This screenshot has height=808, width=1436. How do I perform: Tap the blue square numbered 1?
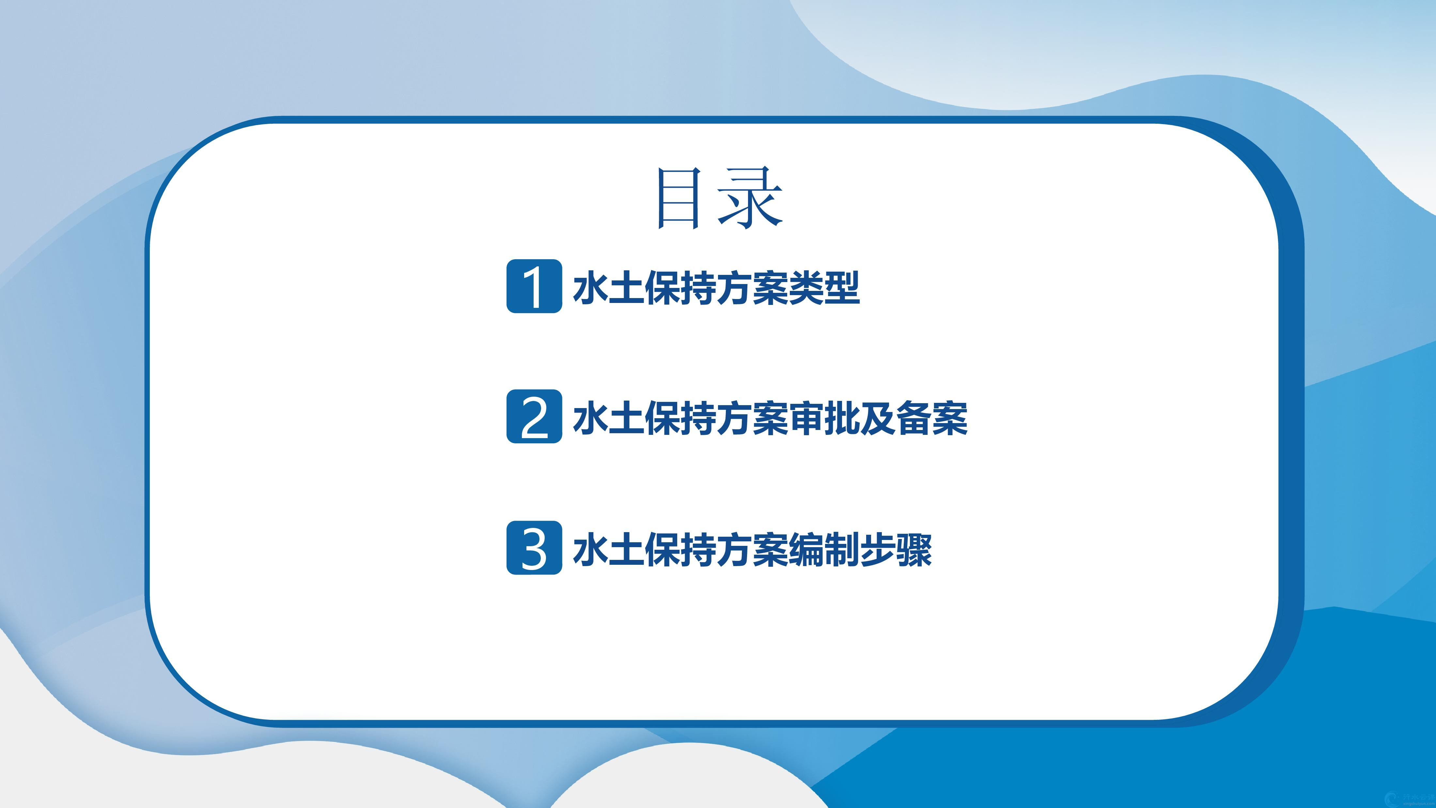click(534, 286)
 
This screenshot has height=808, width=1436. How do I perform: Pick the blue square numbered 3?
click(534, 547)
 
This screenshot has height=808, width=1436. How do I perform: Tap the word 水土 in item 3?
click(608, 549)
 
